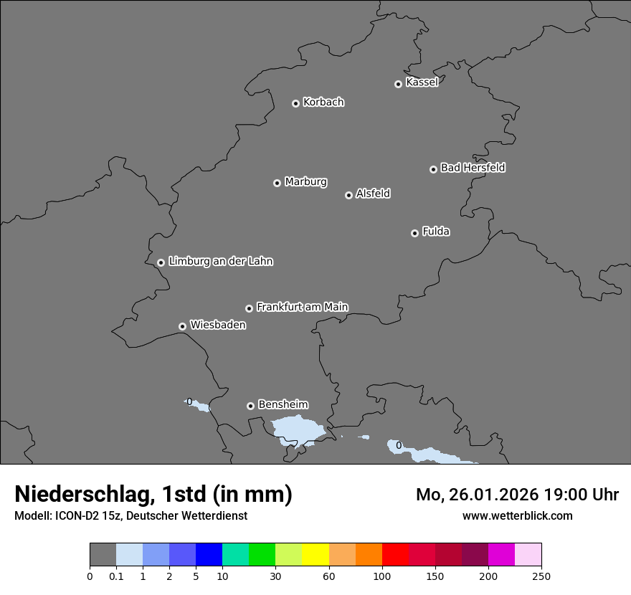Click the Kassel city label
pyautogui.click(x=422, y=82)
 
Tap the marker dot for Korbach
pyautogui.click(x=295, y=103)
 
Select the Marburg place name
pyautogui.click(x=305, y=182)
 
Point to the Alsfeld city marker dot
pyautogui.click(x=348, y=195)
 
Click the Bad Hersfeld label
pyautogui.click(x=473, y=168)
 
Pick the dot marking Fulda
pyautogui.click(x=414, y=233)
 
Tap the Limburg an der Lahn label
pyautogui.click(x=220, y=262)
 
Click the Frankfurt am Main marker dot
pyautogui.click(x=250, y=308)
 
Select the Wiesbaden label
pyautogui.click(x=217, y=325)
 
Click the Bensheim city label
pyautogui.click(x=283, y=405)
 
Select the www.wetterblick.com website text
pyautogui.click(x=517, y=515)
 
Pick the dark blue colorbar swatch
pyautogui.click(x=209, y=555)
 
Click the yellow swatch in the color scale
pyautogui.click(x=315, y=555)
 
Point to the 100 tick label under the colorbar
pyautogui.click(x=381, y=576)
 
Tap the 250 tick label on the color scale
pyautogui.click(x=541, y=576)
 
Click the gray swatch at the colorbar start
pyautogui.click(x=103, y=555)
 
